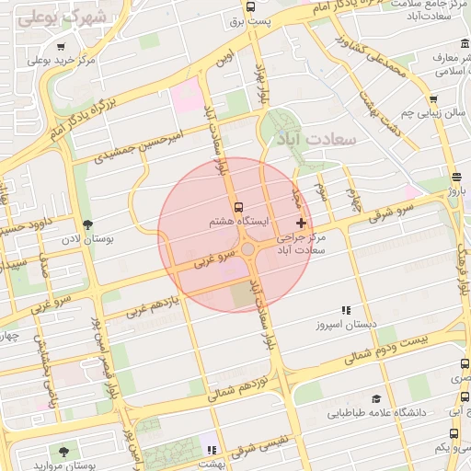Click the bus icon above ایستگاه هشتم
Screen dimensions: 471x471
pos(239,207)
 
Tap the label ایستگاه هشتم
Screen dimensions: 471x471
pos(239,222)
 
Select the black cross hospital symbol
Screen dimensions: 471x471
pos(301,224)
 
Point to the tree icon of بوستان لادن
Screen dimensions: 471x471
pos(87,224)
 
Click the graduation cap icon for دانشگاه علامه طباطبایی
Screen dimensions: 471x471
pos(375,398)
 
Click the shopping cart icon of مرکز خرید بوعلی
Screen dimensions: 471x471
pos(61,46)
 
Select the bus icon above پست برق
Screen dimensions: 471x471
pos(252,6)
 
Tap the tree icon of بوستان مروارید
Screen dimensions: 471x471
pos(63,451)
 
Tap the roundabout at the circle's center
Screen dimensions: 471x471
pos(247,247)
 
